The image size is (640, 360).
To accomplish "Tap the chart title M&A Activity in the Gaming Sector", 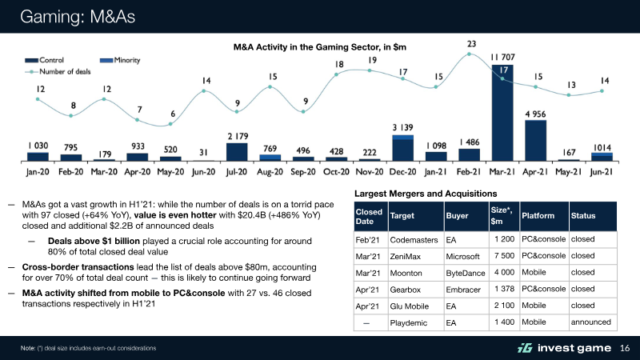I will point(320,47).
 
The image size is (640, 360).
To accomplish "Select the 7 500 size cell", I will point(504,257).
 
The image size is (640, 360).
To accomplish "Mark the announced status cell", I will point(591,322).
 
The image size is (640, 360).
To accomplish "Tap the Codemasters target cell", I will point(413,239).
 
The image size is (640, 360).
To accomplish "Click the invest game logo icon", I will point(524,347).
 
